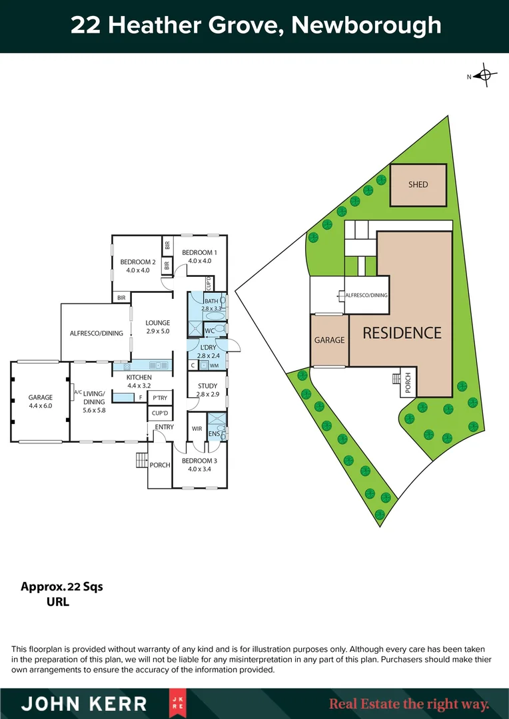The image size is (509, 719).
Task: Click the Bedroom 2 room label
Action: point(138,266)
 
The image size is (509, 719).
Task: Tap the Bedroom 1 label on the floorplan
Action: point(199,256)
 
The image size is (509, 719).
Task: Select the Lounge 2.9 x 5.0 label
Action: point(158,327)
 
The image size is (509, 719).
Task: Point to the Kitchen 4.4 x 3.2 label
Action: point(139,381)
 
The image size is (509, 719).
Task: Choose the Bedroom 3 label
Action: point(199,465)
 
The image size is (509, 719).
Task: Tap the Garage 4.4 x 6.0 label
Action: point(40,401)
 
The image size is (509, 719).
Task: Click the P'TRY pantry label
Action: point(159,398)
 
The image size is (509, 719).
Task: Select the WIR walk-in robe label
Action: point(197,429)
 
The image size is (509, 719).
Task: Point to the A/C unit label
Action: point(77,393)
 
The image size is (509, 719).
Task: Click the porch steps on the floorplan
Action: point(141,460)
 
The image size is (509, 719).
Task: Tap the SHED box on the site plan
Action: point(418,184)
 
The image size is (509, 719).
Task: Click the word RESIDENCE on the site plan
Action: point(402,333)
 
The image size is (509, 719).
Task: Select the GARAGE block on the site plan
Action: point(329,340)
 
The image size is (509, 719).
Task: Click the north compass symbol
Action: point(485,77)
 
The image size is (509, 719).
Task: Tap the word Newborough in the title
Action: point(366,25)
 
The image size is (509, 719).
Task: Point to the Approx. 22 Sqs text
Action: point(62,587)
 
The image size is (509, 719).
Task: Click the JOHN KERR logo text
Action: point(83,704)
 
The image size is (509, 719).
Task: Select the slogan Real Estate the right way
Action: point(409,704)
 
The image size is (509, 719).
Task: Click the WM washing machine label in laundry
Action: point(214,365)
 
